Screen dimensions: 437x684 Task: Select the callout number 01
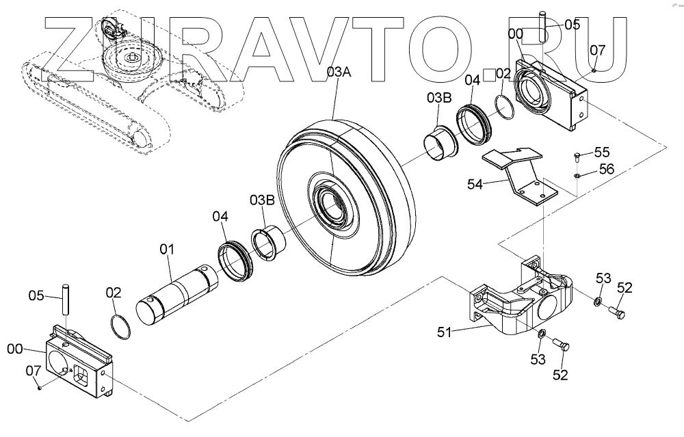pos(168,250)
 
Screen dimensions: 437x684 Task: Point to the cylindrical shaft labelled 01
pos(176,291)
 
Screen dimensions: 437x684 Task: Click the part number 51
pos(446,332)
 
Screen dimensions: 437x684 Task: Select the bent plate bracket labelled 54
pos(523,178)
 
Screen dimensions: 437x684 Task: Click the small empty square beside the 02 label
pos(488,74)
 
